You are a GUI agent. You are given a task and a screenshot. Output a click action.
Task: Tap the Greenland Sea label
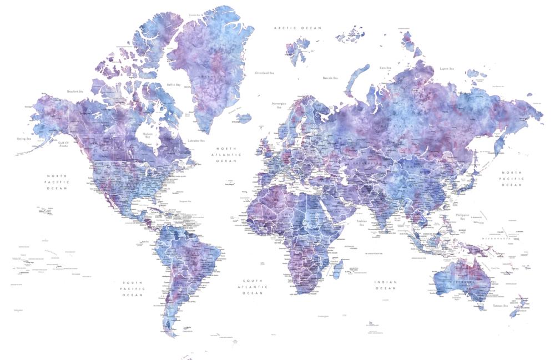(x=264, y=73)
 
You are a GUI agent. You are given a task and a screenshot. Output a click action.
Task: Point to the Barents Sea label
(x=330, y=78)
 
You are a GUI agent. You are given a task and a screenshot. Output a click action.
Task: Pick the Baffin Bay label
(x=174, y=85)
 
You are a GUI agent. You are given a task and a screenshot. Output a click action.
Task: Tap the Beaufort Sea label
(x=75, y=91)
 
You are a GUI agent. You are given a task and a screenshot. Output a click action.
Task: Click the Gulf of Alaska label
(x=66, y=144)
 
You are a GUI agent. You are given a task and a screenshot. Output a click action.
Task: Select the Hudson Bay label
(x=147, y=135)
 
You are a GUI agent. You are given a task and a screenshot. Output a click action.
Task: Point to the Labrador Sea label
(x=196, y=141)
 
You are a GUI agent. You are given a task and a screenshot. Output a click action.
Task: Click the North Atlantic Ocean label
(x=226, y=155)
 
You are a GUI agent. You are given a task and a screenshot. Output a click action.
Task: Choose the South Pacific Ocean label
(x=133, y=288)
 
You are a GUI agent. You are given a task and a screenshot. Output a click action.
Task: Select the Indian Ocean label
(x=386, y=285)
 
